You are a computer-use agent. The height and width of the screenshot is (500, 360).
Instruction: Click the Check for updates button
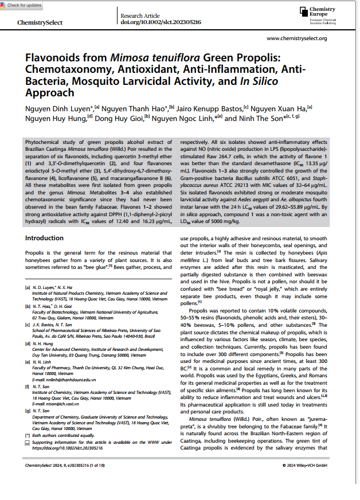(22, 5)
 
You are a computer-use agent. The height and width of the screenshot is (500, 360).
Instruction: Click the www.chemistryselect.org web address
(297, 38)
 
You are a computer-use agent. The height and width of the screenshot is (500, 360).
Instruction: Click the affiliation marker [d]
(28, 343)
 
